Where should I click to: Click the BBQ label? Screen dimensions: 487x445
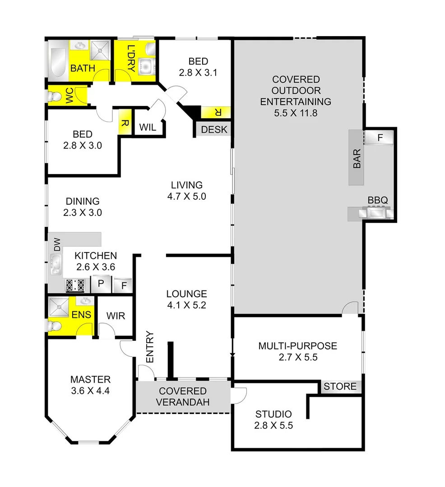378,200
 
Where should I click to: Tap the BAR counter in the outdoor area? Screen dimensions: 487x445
357,157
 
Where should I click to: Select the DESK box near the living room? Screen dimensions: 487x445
214,130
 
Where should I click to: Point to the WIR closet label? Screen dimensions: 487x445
115,316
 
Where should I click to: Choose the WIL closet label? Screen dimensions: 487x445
148,128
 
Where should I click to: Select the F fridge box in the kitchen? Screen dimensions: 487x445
123,285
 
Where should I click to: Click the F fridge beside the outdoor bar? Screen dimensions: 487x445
380,137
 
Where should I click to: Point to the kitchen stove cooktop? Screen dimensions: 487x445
75,285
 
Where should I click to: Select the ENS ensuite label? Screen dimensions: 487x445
82,315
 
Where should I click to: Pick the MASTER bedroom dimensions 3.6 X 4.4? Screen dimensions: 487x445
90,391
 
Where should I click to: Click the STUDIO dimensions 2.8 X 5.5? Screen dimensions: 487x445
273,425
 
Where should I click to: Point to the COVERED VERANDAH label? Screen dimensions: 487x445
182,397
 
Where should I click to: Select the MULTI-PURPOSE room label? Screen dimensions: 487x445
297,346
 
